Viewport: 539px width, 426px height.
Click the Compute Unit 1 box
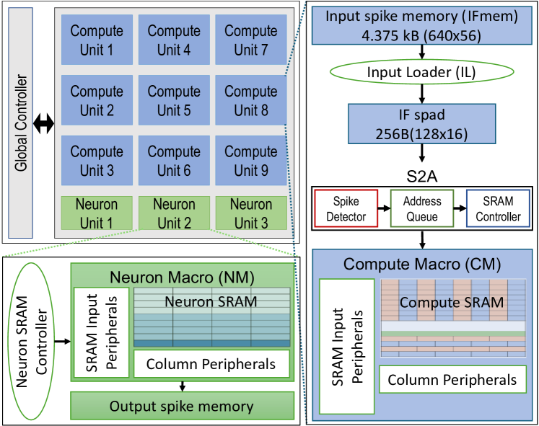click(97, 40)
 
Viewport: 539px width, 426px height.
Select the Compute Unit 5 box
click(173, 100)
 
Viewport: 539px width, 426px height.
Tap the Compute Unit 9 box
click(250, 161)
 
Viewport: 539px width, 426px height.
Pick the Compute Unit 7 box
click(250, 40)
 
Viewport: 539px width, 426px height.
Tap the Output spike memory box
click(181, 407)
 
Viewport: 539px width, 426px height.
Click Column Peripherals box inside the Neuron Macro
click(211, 364)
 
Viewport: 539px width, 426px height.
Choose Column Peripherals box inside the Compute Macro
click(452, 380)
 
